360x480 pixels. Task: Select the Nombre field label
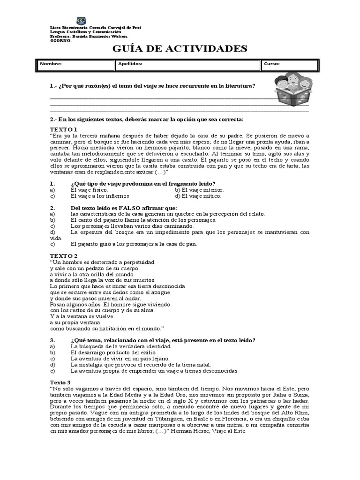pos(51,64)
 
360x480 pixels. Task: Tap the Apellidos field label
pos(131,64)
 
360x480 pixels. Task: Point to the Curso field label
pos(272,64)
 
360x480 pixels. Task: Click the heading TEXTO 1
pos(64,129)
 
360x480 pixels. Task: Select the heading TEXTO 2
pos(64,255)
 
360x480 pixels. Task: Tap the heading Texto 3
pos(61,382)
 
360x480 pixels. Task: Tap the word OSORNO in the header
pos(60,40)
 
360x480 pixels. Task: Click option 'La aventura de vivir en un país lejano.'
pos(120,358)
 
